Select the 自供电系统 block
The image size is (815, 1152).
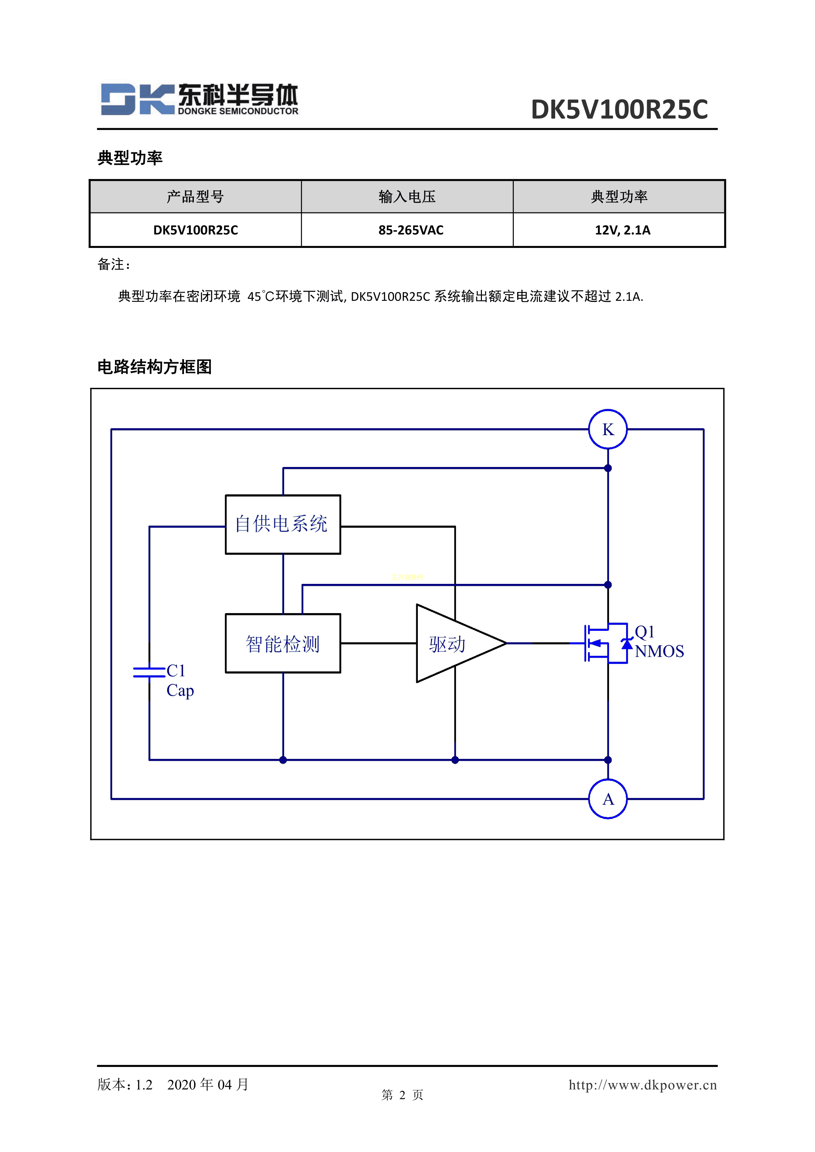point(283,524)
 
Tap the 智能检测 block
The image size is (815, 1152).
point(283,643)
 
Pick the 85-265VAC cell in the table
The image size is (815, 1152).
point(411,230)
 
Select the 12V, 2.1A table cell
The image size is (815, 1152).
point(622,230)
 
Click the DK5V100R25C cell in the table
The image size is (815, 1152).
point(196,230)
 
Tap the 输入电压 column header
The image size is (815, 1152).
point(407,197)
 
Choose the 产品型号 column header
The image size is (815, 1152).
point(196,197)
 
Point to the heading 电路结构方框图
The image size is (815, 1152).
point(155,367)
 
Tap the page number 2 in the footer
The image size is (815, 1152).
point(402,1095)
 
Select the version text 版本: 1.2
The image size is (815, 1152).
point(125,1085)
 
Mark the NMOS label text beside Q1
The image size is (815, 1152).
point(659,651)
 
